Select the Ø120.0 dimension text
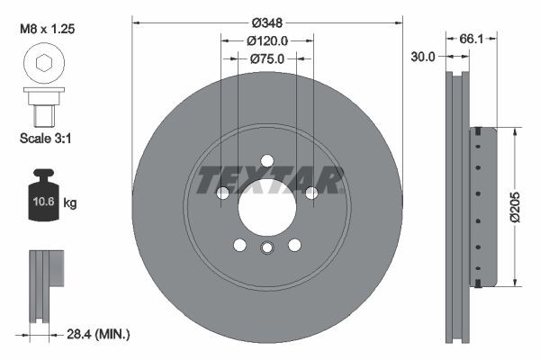[x=266, y=40]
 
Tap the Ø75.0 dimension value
[x=266, y=59]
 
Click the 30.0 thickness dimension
[x=422, y=56]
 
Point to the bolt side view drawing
[x=41, y=106]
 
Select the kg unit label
[x=70, y=203]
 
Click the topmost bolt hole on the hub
[x=266, y=161]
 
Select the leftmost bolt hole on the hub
[x=222, y=193]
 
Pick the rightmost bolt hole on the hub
[x=310, y=193]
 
